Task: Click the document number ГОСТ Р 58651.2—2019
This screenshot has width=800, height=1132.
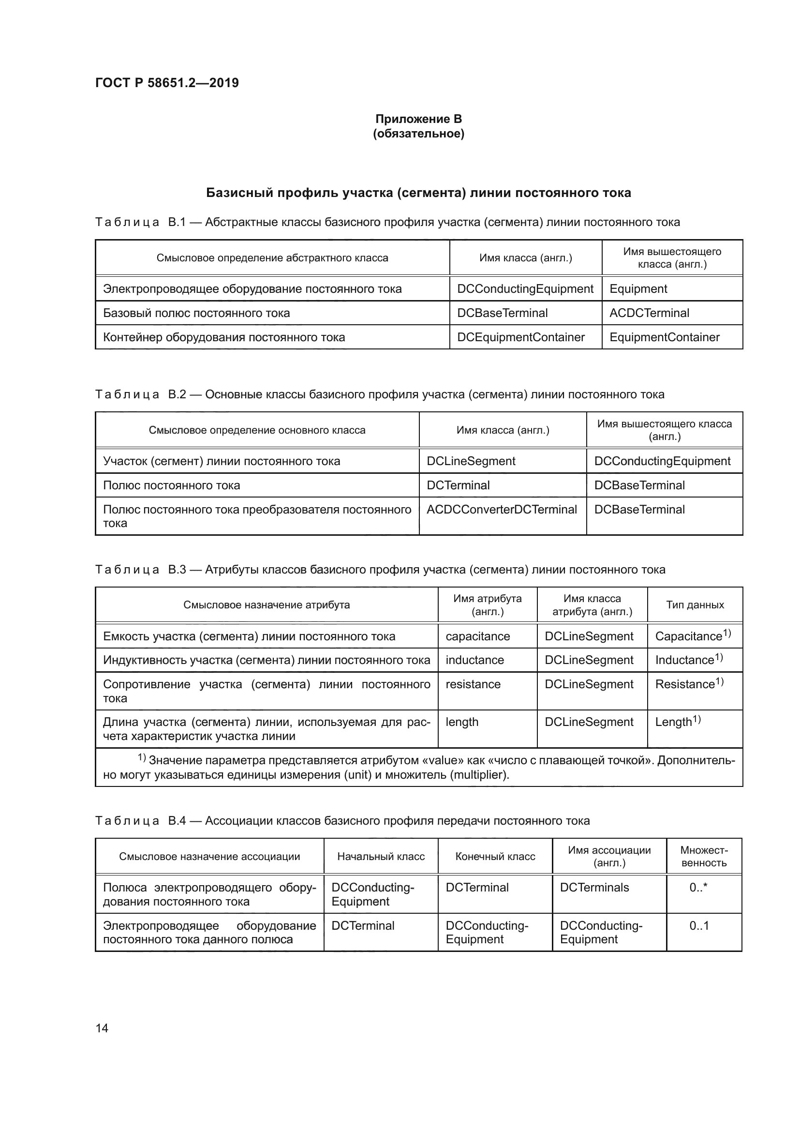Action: click(167, 83)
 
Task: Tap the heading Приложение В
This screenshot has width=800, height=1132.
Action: click(418, 119)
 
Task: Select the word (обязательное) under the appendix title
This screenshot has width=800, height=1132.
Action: click(418, 134)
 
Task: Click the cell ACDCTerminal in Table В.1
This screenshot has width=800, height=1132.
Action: click(649, 313)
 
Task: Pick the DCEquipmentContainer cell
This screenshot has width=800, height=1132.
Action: click(521, 337)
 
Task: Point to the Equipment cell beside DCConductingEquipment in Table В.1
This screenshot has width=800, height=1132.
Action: click(638, 289)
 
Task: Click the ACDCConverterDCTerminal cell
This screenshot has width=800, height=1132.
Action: click(502, 509)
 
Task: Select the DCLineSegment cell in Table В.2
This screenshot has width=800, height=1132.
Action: click(471, 461)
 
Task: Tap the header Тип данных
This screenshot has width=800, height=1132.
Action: click(695, 605)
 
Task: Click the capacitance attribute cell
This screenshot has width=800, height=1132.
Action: click(477, 636)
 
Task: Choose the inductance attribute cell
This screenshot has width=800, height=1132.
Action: click(474, 660)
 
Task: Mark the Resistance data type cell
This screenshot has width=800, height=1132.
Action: click(688, 684)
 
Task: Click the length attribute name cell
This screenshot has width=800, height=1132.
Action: click(461, 722)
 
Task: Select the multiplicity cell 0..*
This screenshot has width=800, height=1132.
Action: click(698, 888)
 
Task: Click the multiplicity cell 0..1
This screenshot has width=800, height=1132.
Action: click(698, 926)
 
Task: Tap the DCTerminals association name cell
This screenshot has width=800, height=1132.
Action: click(594, 888)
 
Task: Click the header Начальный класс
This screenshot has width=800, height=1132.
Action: click(381, 857)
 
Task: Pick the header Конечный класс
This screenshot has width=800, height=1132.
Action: click(495, 857)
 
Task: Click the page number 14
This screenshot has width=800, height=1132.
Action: click(102, 1028)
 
